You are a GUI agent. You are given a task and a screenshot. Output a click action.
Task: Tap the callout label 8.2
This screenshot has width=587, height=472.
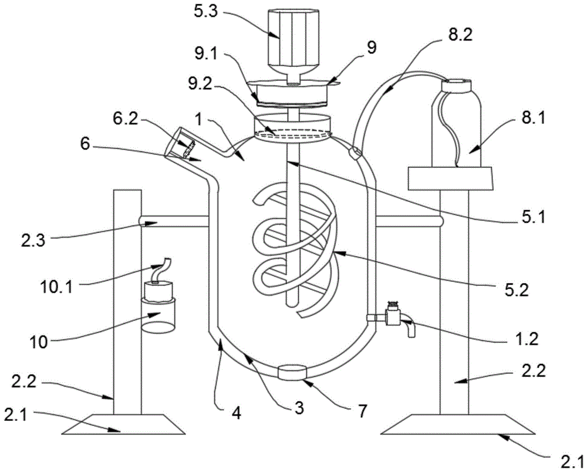[460, 36]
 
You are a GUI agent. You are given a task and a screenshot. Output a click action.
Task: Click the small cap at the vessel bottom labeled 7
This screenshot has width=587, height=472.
[292, 373]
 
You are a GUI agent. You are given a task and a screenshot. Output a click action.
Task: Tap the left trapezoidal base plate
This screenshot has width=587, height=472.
[123, 424]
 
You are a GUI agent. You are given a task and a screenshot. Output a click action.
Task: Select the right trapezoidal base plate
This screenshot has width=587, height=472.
[458, 424]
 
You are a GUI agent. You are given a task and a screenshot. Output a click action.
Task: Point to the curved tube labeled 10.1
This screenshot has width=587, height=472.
[163, 269]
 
